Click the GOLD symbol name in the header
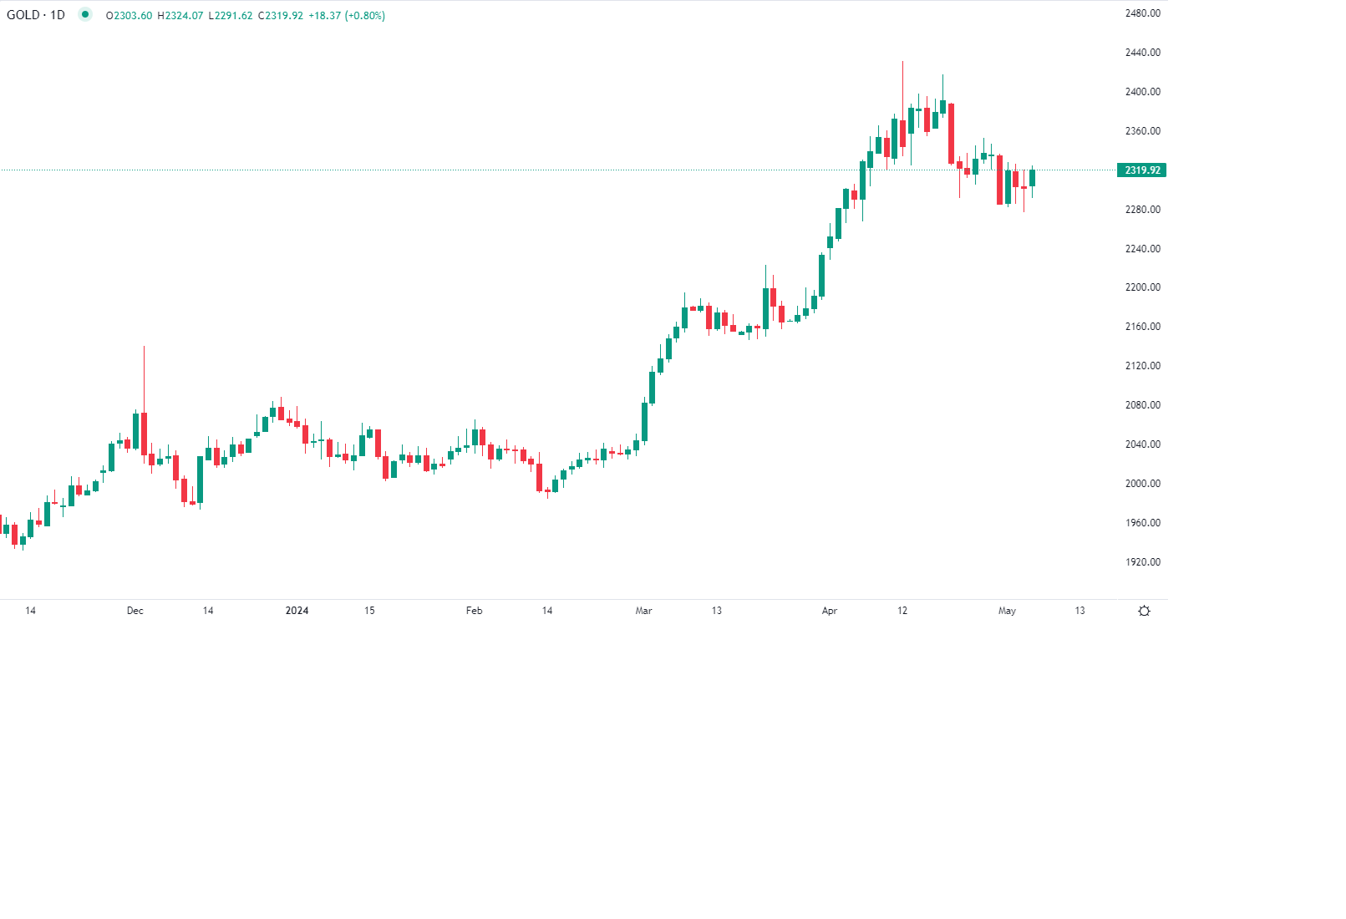point(23,15)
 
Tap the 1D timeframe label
point(58,15)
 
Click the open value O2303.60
point(130,16)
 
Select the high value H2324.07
point(180,16)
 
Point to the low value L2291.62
point(231,16)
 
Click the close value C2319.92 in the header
point(281,16)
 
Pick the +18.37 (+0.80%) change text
point(347,16)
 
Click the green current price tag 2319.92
point(1141,170)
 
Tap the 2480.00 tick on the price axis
point(1142,13)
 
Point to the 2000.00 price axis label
point(1142,484)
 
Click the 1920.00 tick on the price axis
point(1142,562)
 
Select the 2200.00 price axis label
point(1142,287)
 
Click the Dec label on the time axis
point(135,611)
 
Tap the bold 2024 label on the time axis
point(297,611)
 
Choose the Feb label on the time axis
point(474,611)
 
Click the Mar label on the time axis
point(643,611)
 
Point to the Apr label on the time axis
point(830,611)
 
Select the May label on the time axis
point(1007,611)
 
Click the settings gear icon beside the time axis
point(1145,612)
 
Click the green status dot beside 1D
point(84,14)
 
